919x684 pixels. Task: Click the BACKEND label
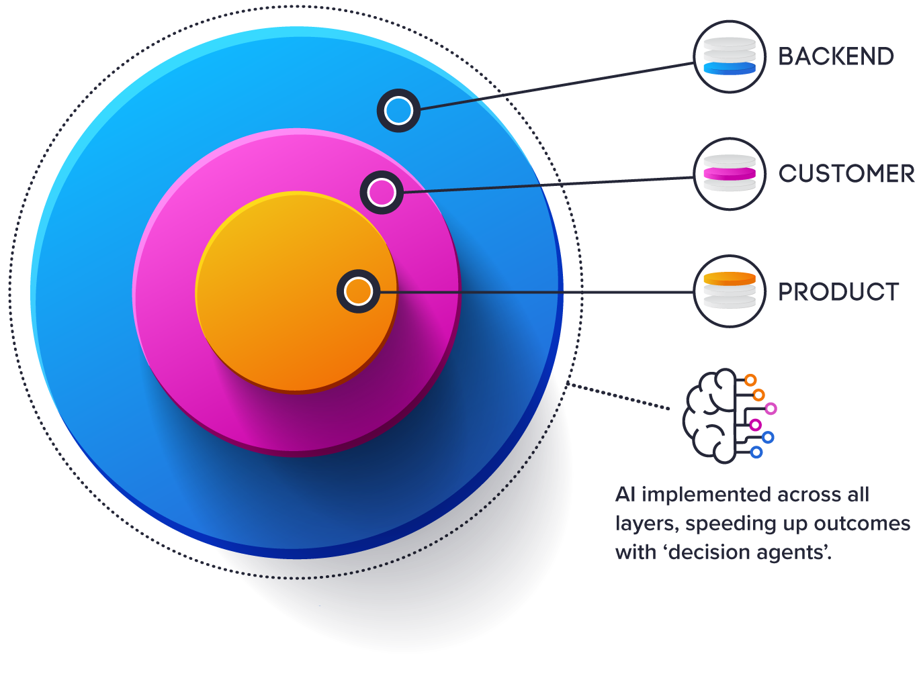coord(836,56)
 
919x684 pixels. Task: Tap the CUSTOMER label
coord(846,174)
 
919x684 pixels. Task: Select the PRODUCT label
coord(838,292)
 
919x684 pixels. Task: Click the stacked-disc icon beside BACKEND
coord(730,56)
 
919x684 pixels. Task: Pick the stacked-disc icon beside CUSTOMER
coord(730,174)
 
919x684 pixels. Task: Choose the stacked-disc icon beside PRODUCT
coord(730,291)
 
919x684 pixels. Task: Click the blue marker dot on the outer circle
coord(398,111)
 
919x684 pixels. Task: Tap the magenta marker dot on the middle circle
coord(382,193)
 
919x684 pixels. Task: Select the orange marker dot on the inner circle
coord(358,291)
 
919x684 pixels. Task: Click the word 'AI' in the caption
coord(625,495)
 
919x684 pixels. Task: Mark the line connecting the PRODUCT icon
coord(537,292)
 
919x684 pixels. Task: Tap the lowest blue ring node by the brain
coord(756,452)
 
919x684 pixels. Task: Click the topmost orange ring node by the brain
coord(750,381)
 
